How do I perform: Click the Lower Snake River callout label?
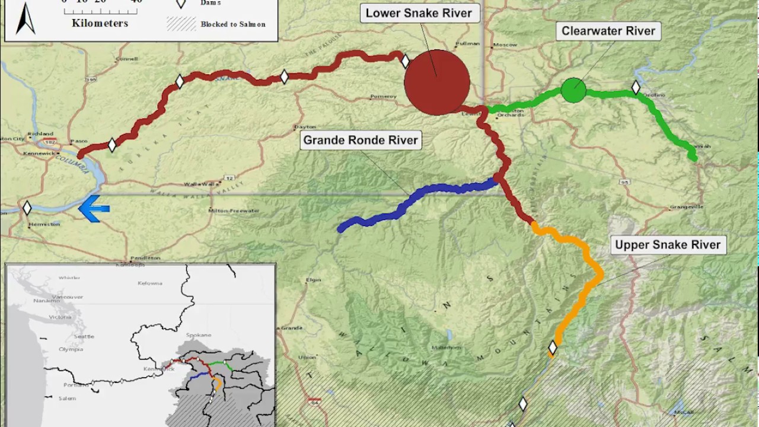[x=419, y=14]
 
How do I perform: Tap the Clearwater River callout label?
[x=608, y=31]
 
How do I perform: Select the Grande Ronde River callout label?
[x=361, y=141]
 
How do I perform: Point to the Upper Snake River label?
[x=667, y=245]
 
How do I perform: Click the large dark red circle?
[x=437, y=82]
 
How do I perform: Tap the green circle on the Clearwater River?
[x=573, y=90]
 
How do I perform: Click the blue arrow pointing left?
[x=94, y=209]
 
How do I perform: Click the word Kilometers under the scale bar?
[x=100, y=24]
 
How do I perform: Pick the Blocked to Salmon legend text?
[x=233, y=24]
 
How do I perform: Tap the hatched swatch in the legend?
[x=181, y=24]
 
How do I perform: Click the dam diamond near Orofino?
[x=636, y=88]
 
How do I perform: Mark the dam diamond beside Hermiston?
[x=27, y=208]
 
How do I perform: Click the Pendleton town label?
[x=145, y=258]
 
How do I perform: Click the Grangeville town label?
[x=686, y=207]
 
